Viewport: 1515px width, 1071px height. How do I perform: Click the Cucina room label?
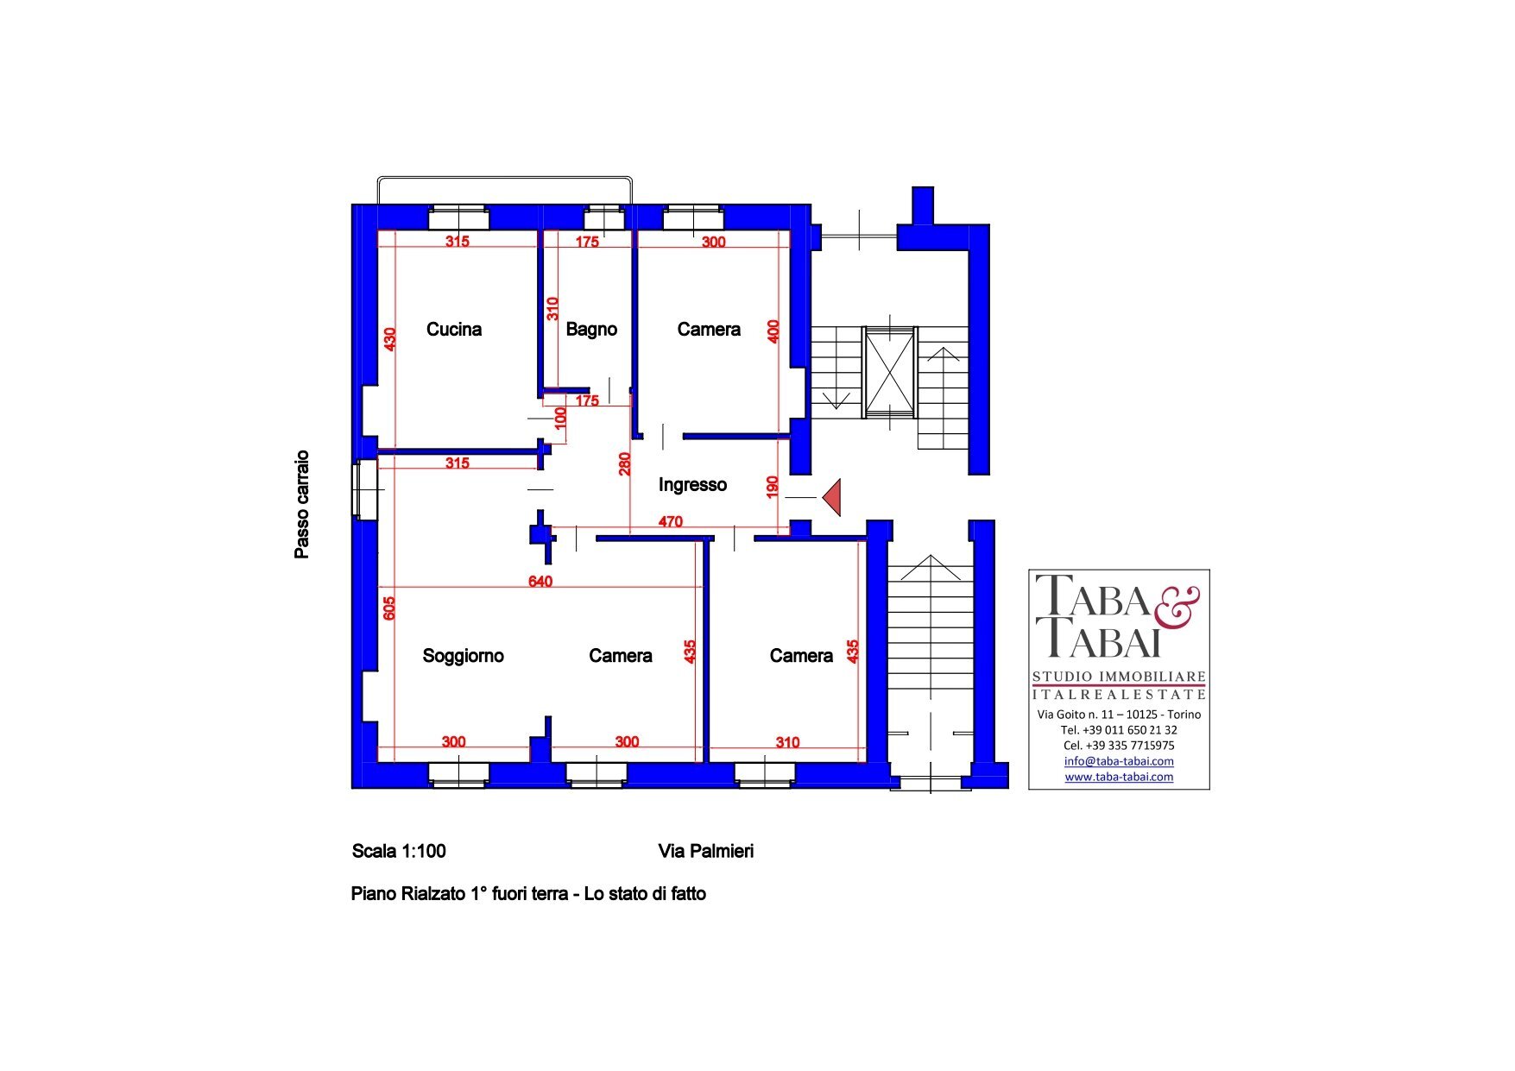point(454,329)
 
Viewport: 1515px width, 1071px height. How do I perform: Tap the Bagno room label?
point(591,329)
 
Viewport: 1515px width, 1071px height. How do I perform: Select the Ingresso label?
point(692,485)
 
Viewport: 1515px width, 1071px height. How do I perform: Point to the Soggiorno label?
point(463,656)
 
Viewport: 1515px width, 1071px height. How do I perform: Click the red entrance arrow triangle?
point(831,498)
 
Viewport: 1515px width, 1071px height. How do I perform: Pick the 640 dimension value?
point(540,582)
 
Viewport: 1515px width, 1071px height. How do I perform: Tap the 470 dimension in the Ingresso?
point(671,521)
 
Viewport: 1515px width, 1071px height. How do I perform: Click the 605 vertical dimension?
point(389,608)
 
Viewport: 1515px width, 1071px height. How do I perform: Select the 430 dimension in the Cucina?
point(390,339)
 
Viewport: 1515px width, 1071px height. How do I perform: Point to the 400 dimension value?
point(773,331)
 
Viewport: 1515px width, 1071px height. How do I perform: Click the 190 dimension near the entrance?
point(773,487)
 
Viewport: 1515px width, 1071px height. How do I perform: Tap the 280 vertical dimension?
point(625,463)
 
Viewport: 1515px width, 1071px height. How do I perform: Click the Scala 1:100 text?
point(399,851)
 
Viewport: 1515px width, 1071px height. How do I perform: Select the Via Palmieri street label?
point(706,851)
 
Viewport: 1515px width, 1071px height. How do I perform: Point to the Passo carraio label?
point(301,505)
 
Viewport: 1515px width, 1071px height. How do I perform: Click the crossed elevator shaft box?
point(890,372)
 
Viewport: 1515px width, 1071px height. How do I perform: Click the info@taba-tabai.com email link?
point(1119,761)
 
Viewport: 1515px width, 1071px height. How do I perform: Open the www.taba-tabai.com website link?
point(1119,777)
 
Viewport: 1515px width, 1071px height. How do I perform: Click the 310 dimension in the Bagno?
point(552,308)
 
